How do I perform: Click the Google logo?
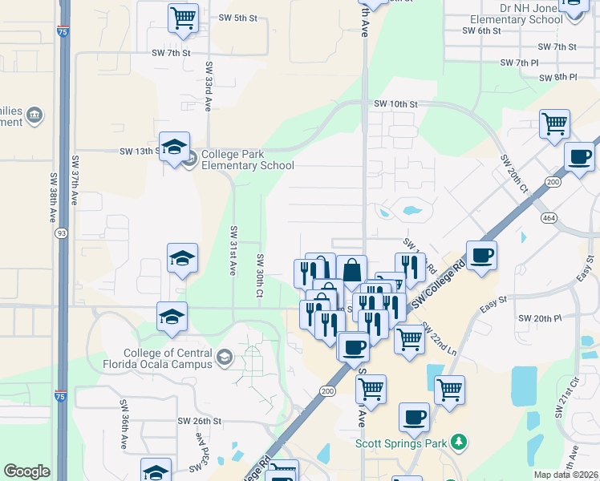tap(27, 471)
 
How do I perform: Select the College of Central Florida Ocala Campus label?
tap(168, 358)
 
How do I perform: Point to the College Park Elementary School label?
tap(248, 160)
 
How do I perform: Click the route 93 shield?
tap(61, 232)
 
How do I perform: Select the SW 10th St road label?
tap(396, 104)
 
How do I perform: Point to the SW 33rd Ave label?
tap(209, 86)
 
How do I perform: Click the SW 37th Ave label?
tap(75, 180)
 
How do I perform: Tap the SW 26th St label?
tap(201, 421)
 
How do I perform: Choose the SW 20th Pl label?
tap(540, 318)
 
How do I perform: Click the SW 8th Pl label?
tap(558, 77)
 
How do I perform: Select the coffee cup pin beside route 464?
tap(580, 156)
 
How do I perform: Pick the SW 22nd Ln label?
tap(439, 340)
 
